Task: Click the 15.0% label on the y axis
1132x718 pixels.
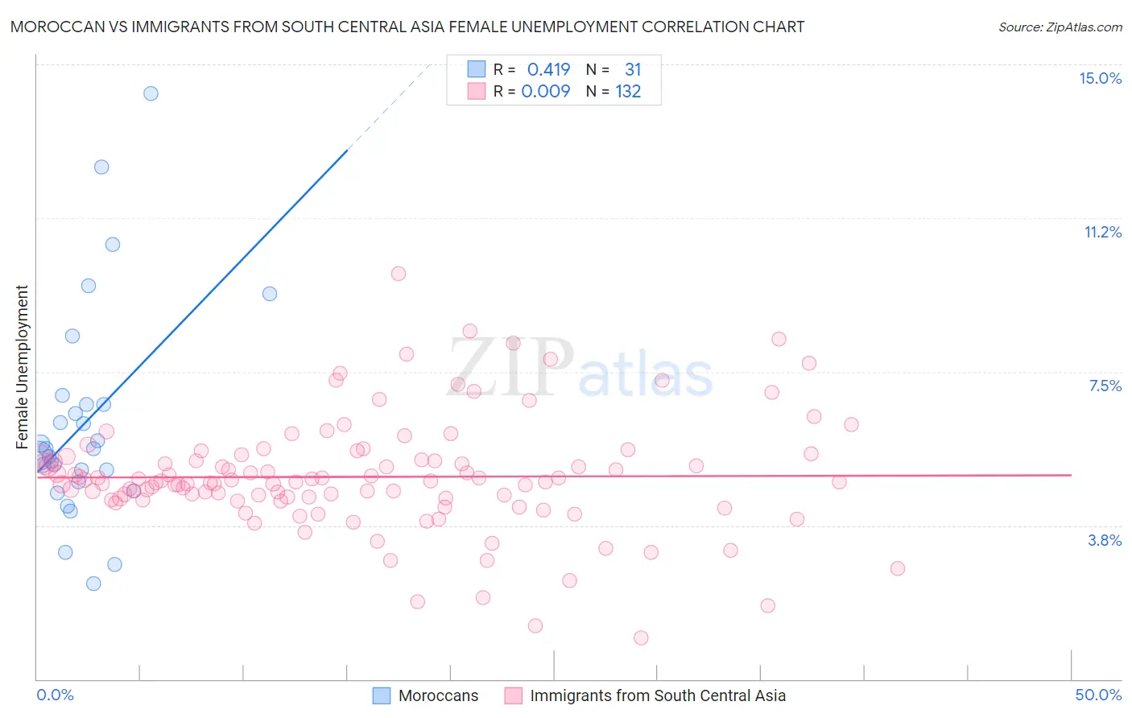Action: pos(1100,78)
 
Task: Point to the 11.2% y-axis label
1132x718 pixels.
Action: pos(1102,232)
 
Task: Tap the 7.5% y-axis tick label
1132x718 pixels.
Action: pos(1105,386)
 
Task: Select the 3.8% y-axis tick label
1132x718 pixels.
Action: pos(1105,540)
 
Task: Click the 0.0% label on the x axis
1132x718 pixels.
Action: pos(55,695)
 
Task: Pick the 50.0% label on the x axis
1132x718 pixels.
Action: pos(1098,695)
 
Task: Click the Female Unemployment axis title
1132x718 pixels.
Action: pos(23,367)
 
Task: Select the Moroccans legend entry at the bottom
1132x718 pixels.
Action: pos(438,695)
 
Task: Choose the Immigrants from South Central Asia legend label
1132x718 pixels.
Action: pos(657,695)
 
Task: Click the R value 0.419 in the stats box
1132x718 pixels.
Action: pos(548,69)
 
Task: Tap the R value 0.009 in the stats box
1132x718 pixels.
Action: pos(546,91)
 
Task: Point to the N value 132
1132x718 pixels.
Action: pos(628,91)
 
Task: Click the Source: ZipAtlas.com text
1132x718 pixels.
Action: pos(1060,27)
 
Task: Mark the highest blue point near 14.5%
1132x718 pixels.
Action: pos(151,93)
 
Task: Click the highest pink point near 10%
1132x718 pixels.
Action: pos(398,274)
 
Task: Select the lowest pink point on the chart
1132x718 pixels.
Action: pos(641,638)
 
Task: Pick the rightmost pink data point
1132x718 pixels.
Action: pos(898,568)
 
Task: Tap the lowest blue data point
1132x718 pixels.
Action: pos(93,584)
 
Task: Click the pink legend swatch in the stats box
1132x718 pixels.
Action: pos(477,91)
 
